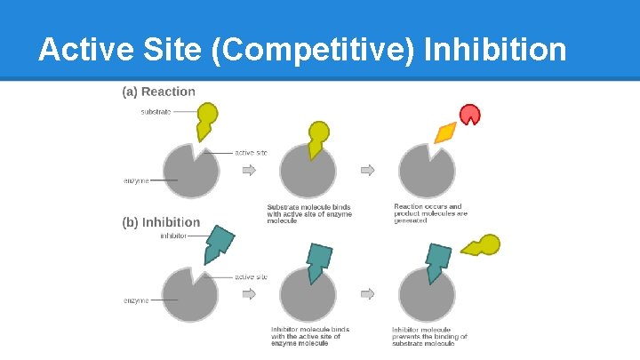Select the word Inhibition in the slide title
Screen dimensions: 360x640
pyautogui.click(x=496, y=50)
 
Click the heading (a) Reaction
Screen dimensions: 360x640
pyautogui.click(x=158, y=92)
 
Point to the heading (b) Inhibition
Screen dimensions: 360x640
pyautogui.click(x=161, y=222)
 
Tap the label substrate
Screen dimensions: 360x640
pyautogui.click(x=156, y=112)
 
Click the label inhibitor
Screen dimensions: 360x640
pyautogui.click(x=173, y=236)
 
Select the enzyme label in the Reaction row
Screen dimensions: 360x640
pyautogui.click(x=136, y=180)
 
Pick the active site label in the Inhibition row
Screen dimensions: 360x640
pyautogui.click(x=251, y=277)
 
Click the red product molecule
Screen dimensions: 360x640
pyautogui.click(x=468, y=114)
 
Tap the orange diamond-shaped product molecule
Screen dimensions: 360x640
pyautogui.click(x=445, y=132)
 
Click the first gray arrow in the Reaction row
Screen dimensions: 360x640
pyautogui.click(x=250, y=170)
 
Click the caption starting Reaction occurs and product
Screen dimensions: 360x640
pyautogui.click(x=428, y=213)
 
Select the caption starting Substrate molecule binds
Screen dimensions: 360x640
pyautogui.click(x=309, y=213)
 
